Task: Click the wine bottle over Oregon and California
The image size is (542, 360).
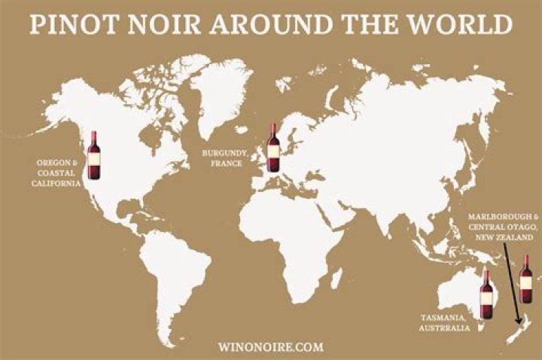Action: click(x=93, y=154)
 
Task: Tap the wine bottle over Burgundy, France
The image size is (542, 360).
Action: click(x=273, y=148)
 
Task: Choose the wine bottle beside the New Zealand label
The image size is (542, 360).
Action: click(x=525, y=277)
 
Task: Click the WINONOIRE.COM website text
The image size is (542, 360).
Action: click(x=270, y=346)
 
